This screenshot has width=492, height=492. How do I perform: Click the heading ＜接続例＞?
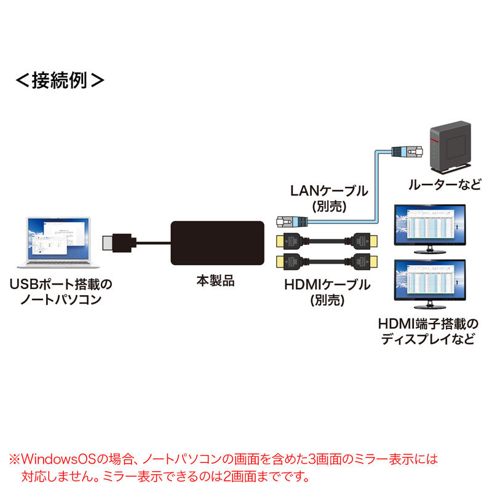click(x=59, y=80)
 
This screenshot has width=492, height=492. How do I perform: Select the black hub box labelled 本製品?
click(x=216, y=243)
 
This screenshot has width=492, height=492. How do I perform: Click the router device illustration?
click(x=450, y=148)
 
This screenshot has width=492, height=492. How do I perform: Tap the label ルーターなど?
click(x=446, y=184)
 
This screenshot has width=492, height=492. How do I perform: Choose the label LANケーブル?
click(x=329, y=191)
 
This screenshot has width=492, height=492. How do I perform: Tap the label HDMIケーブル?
click(x=327, y=285)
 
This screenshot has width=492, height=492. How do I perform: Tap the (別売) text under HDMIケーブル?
click(x=327, y=301)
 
